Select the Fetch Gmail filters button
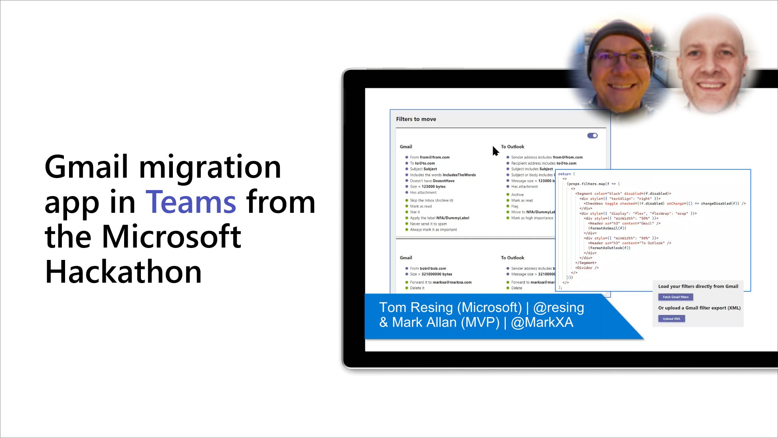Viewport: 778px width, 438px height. (x=675, y=297)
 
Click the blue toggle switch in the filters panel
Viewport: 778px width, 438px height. (x=592, y=136)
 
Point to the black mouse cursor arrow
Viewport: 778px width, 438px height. (x=495, y=151)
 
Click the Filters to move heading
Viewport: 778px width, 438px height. (x=416, y=119)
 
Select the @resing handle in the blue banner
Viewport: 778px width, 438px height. (x=558, y=307)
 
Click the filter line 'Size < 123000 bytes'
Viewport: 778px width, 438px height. (x=428, y=186)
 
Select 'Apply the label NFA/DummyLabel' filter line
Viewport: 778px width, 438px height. (x=439, y=218)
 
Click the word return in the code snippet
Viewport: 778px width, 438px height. (x=564, y=174)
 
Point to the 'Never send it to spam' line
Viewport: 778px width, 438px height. (x=428, y=224)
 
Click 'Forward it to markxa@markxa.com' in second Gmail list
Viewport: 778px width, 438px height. (x=441, y=282)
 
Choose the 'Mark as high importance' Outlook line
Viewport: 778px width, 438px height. (x=532, y=218)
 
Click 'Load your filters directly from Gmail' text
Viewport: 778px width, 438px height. (x=698, y=286)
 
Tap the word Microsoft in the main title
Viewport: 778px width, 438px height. (x=171, y=237)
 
